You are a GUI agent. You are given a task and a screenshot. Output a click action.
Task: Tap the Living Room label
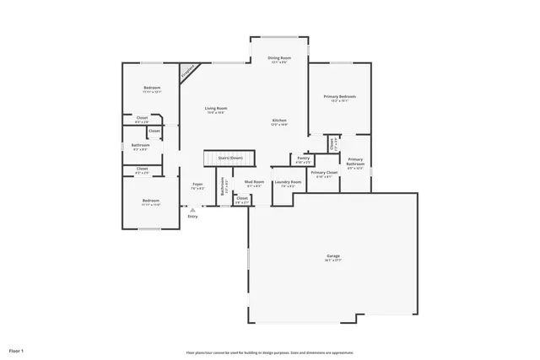[x=216, y=108]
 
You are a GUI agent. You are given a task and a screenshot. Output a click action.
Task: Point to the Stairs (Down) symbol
[x=230, y=158]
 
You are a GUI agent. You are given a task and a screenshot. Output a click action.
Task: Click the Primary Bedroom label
[x=340, y=97]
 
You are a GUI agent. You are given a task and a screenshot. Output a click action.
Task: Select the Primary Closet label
[x=324, y=173]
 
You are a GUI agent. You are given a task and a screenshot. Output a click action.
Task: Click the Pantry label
[x=304, y=158]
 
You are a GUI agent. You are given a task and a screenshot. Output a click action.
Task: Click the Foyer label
[x=197, y=185]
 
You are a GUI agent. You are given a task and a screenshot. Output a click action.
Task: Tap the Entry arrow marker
[x=192, y=209]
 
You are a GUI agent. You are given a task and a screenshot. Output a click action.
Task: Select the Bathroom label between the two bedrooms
[x=140, y=146]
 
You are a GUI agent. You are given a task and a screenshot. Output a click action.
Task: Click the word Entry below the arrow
[x=192, y=217]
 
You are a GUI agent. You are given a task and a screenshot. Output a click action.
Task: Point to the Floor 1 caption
[x=16, y=350]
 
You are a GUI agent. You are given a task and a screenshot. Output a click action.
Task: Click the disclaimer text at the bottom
[x=270, y=352]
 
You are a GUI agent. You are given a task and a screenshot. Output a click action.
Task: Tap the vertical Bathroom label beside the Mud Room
[x=224, y=189]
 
